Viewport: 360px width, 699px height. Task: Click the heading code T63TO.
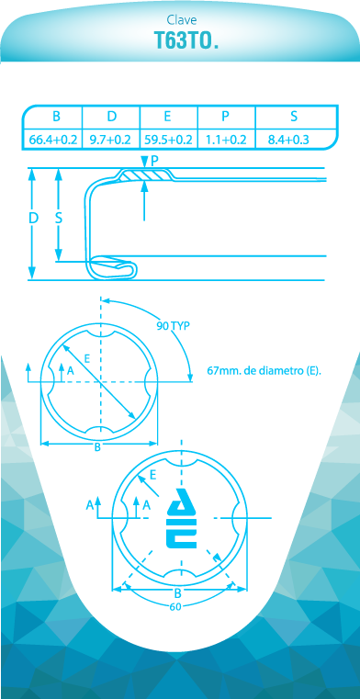[x=186, y=40]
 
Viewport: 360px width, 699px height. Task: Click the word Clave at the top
[x=182, y=19]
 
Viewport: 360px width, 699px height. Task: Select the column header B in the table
[x=56, y=116]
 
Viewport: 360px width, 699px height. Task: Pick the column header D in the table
[x=112, y=116]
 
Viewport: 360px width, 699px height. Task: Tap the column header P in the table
[x=225, y=116]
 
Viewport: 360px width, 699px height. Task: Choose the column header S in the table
[x=294, y=116]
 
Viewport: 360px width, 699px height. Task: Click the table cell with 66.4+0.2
[x=53, y=140]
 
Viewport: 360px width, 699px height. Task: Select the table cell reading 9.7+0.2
[x=110, y=140]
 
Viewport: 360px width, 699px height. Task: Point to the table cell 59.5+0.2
[x=168, y=140]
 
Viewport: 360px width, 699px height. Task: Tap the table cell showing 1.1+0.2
[x=226, y=140]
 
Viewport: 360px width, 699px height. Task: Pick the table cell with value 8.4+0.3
[x=288, y=140]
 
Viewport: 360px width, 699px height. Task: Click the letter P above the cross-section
[x=154, y=161]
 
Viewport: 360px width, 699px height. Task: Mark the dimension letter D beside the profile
[x=33, y=219]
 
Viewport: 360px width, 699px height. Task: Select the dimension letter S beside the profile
[x=59, y=219]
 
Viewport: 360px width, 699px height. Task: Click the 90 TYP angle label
[x=173, y=325]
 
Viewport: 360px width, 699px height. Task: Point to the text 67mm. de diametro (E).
[x=264, y=370]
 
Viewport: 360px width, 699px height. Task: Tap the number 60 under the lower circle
[x=175, y=606]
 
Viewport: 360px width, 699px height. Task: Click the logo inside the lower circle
[x=182, y=518]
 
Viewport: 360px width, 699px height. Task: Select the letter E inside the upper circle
[x=87, y=358]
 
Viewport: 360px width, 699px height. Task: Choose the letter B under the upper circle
[x=97, y=448]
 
